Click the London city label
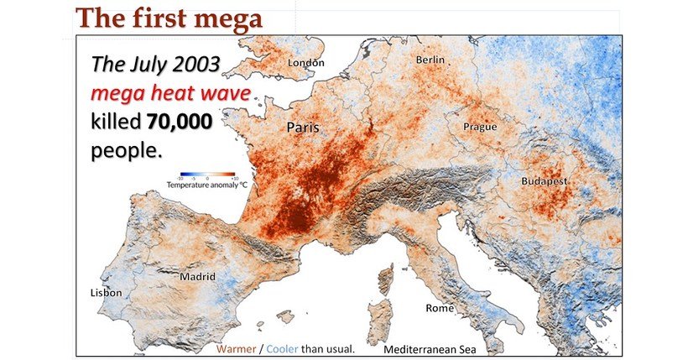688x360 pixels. [305, 63]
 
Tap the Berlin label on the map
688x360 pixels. [433, 60]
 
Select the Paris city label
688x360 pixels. [304, 128]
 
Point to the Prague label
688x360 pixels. [480, 127]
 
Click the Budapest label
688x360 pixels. [545, 181]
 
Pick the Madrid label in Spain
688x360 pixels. [198, 276]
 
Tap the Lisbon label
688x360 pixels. [106, 293]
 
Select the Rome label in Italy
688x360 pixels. [439, 308]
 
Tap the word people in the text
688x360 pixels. [125, 150]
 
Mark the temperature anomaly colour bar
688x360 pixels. [204, 178]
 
